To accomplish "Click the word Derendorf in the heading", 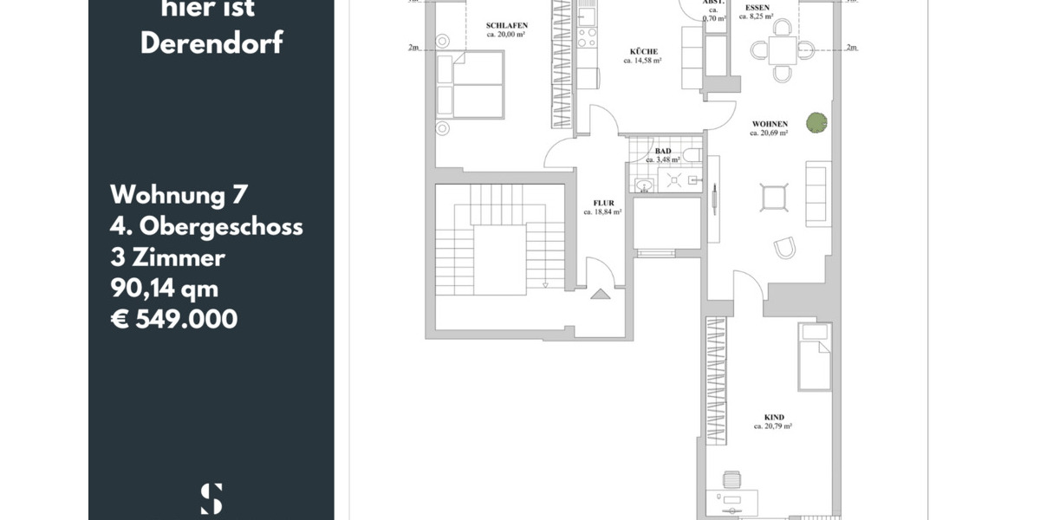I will [211, 44].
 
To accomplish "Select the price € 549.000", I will [174, 319].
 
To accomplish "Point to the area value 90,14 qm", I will [165, 288].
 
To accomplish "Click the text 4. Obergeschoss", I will [206, 226].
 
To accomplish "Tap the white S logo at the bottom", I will [211, 498].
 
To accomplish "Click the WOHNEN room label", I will [769, 125].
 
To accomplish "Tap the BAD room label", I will [662, 151].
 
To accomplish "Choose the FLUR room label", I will [602, 203].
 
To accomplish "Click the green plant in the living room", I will [816, 124].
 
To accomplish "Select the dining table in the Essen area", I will [782, 50].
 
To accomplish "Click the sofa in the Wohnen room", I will [818, 194].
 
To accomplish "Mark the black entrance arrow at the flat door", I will [601, 295].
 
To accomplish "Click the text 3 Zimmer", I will [168, 257].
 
